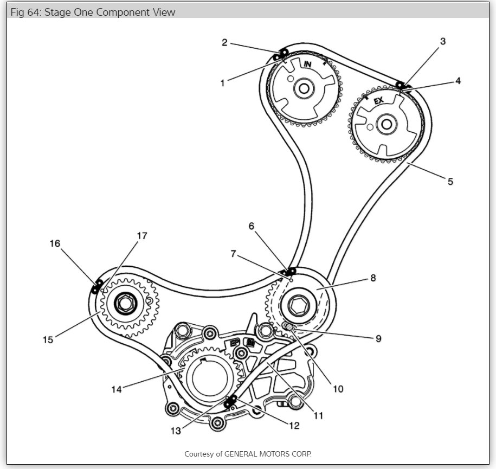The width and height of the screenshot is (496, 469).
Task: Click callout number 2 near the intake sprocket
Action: click(224, 42)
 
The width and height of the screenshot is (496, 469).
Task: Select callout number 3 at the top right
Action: click(442, 41)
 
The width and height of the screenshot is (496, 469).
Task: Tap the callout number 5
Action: click(450, 182)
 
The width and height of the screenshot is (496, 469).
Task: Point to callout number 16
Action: click(55, 243)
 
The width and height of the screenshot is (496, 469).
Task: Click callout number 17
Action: click(141, 236)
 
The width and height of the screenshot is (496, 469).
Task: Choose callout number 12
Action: click(293, 426)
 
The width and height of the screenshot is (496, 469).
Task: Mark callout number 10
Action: click(338, 388)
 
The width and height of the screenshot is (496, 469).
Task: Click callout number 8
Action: click(373, 278)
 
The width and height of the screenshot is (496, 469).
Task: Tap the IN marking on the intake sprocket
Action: click(308, 65)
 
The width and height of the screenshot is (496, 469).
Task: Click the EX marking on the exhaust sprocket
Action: click(378, 100)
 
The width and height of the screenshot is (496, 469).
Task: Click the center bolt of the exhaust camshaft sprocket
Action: click(386, 124)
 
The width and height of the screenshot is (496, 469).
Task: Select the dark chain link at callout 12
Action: click(230, 402)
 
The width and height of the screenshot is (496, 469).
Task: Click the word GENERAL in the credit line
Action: click(246, 453)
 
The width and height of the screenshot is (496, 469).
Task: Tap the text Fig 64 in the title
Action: click(25, 12)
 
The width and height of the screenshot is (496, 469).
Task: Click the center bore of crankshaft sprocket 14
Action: click(209, 380)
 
